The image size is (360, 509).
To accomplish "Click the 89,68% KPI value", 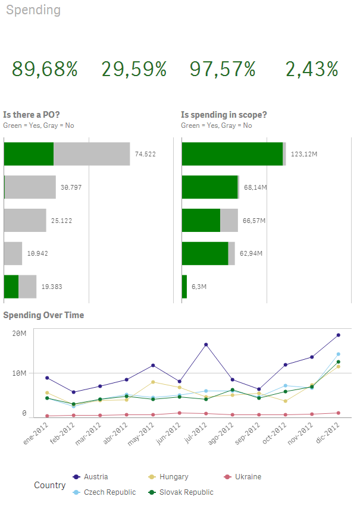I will point(45,70).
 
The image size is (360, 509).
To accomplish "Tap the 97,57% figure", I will point(223,70).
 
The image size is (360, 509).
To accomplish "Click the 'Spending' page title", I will point(33,10).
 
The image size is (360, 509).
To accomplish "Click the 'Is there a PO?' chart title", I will point(32,115).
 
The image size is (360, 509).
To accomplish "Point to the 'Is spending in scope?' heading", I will point(224,115).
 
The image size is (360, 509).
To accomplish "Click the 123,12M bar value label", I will point(303,154).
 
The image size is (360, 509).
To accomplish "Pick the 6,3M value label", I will point(199,287).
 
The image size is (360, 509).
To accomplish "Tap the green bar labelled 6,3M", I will point(184,287).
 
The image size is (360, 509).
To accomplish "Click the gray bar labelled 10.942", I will point(13,253).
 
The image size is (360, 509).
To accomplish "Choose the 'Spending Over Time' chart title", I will point(43,315).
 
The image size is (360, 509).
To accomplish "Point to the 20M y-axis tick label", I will point(20,333).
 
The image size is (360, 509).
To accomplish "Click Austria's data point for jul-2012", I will point(206,345).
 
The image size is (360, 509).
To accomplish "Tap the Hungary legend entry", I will point(173,476).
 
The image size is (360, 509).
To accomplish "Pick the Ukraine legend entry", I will point(248,476).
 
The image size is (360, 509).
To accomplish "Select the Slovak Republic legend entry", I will point(186,492).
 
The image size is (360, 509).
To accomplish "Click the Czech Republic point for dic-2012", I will point(339,354).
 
